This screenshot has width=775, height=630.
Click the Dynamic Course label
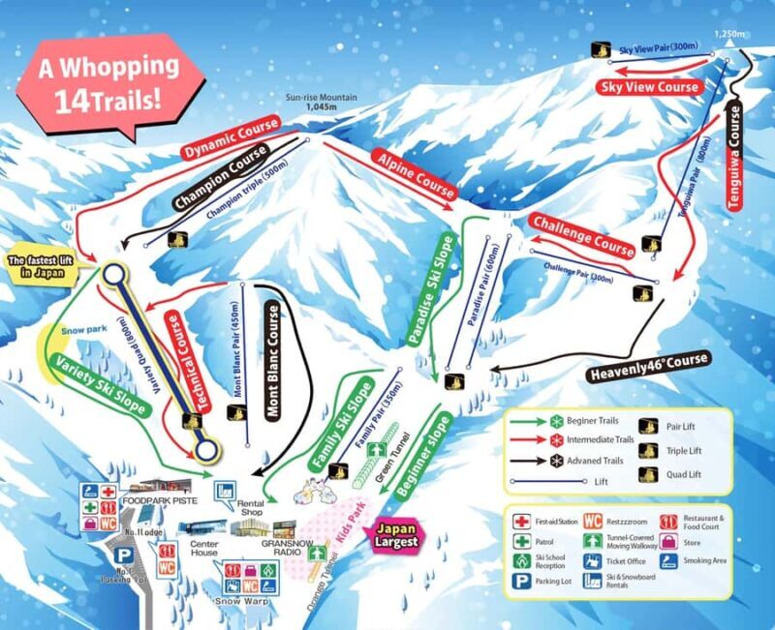(231, 138)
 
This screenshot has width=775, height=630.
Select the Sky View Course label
(650, 87)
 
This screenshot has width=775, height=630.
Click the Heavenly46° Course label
(649, 367)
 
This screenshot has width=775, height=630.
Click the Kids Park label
(356, 523)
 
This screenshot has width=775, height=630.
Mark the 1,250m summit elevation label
(728, 36)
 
